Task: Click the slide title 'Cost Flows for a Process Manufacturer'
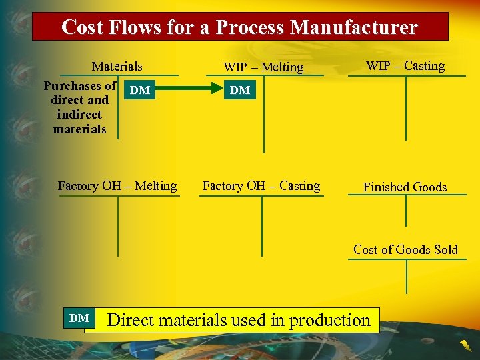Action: click(x=239, y=27)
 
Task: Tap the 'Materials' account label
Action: click(x=117, y=66)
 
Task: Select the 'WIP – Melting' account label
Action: click(x=263, y=67)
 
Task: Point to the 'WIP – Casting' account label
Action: click(x=405, y=65)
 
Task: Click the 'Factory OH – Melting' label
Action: click(x=117, y=186)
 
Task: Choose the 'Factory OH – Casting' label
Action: click(x=261, y=186)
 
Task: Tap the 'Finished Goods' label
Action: click(x=405, y=187)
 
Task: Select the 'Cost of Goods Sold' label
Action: click(x=405, y=249)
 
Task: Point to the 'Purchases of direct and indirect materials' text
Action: click(x=79, y=107)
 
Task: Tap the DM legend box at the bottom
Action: click(x=79, y=319)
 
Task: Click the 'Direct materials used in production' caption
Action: click(x=239, y=320)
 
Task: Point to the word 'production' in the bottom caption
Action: click(x=330, y=320)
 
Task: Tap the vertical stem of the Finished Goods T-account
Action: click(x=406, y=211)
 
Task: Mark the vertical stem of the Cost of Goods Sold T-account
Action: click(x=406, y=276)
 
